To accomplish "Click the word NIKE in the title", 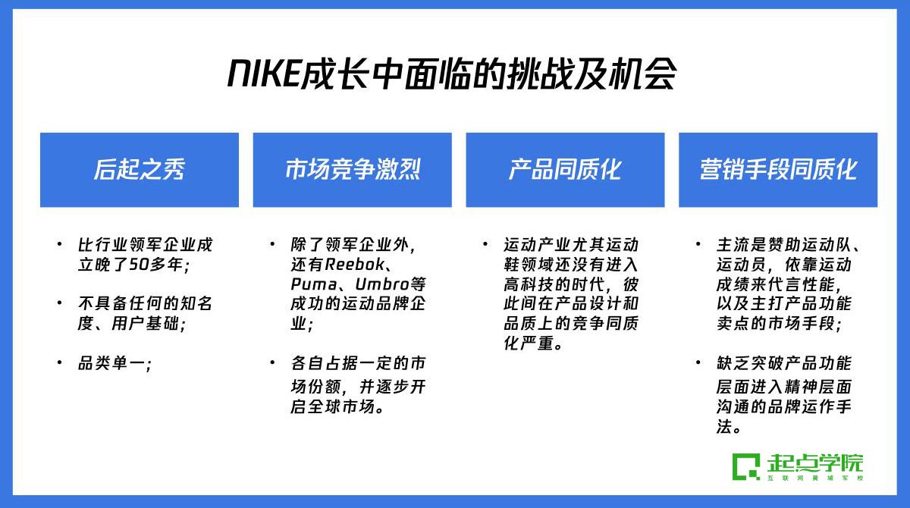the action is (x=264, y=73).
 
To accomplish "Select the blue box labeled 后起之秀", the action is (x=140, y=170).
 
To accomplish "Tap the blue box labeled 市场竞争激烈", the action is (x=352, y=170).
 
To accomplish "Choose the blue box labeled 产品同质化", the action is (x=565, y=170).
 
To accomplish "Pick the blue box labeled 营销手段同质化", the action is (x=778, y=170).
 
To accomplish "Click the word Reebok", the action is (x=355, y=265).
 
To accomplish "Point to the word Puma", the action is (x=314, y=284).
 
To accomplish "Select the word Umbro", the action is (x=382, y=284).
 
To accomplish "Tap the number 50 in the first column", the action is (x=139, y=265).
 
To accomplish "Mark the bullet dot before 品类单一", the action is (x=60, y=362).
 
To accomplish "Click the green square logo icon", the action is (x=746, y=467).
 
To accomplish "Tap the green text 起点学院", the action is (x=815, y=463).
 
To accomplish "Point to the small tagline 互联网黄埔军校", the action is (x=815, y=478).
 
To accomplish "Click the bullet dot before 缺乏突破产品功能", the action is (x=698, y=362).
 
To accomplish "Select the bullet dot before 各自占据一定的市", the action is (x=272, y=362).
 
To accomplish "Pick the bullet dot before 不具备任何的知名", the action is (x=60, y=303).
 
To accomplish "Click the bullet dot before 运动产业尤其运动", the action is (x=485, y=244).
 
